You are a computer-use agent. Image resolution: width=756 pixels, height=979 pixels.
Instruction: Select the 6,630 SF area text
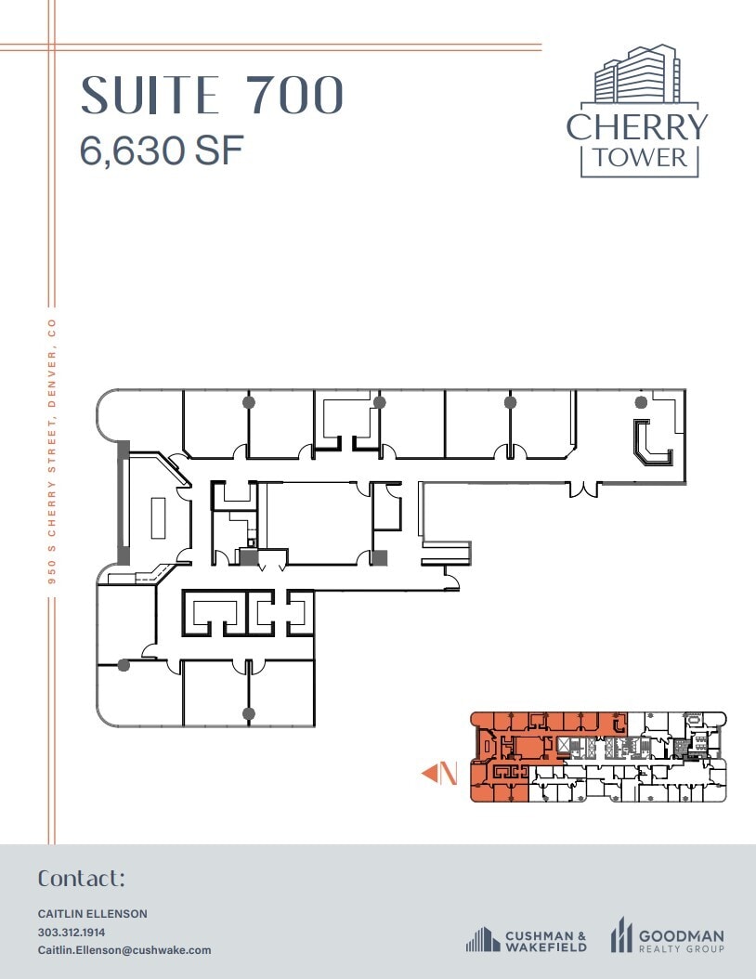[162, 150]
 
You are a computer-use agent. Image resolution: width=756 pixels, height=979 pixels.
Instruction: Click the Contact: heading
[82, 879]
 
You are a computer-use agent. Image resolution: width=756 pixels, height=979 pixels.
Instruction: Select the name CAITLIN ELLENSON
[92, 914]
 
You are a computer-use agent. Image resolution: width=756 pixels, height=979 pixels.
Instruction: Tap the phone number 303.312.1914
[72, 932]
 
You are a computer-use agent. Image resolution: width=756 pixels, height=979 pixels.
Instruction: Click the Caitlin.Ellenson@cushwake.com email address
[124, 950]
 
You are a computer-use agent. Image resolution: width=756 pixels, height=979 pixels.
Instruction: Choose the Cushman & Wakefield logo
[527, 940]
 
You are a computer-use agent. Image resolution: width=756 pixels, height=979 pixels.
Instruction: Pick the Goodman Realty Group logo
[667, 936]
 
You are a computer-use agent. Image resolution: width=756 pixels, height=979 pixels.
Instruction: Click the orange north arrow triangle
[430, 773]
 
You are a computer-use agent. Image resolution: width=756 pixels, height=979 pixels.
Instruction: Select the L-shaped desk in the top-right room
[652, 443]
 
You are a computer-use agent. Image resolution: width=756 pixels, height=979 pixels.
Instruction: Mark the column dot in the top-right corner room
[640, 402]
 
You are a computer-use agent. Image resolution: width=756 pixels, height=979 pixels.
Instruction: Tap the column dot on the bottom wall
[249, 713]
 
